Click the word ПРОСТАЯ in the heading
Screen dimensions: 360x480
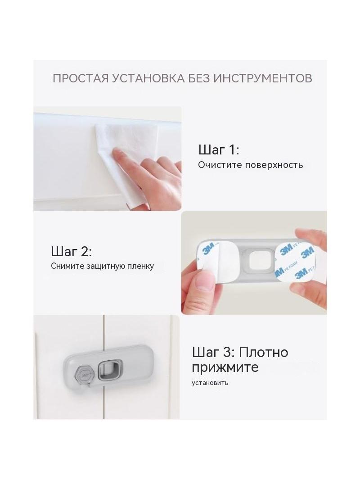point(81,78)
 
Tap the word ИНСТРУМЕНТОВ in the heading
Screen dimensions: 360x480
point(263,78)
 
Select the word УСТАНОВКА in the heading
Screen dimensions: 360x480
point(148,78)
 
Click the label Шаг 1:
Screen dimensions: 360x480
point(219,150)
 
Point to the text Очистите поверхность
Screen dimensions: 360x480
point(251,165)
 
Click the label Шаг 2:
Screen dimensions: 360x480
point(71,252)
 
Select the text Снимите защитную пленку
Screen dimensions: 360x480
point(103,266)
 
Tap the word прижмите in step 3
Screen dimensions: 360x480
point(225,367)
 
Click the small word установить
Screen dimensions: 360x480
point(210,383)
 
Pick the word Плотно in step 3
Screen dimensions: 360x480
point(263,353)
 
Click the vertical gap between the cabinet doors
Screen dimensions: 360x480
point(104,337)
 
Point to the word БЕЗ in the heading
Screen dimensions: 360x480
point(199,78)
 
